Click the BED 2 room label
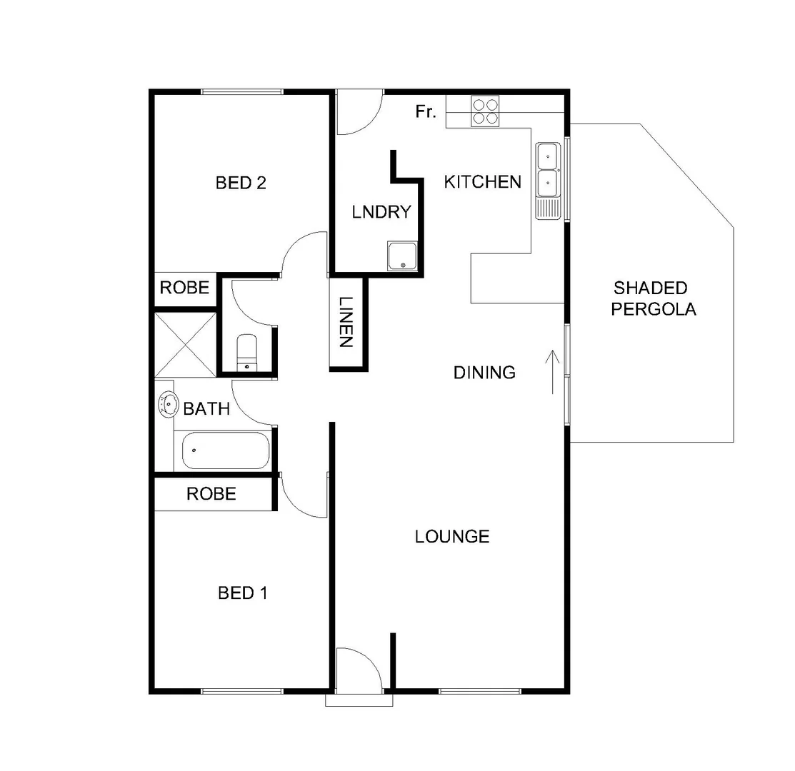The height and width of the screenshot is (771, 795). pyautogui.click(x=241, y=183)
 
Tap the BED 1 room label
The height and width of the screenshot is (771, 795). pyautogui.click(x=242, y=593)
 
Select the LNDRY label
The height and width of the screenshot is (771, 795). pyautogui.click(x=381, y=212)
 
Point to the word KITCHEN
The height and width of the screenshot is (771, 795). pyautogui.click(x=483, y=182)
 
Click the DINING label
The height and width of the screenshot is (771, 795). pyautogui.click(x=484, y=372)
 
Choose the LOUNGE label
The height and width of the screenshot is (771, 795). pyautogui.click(x=452, y=536)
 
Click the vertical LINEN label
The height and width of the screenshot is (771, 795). pyautogui.click(x=346, y=322)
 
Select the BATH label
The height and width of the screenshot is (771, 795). pyautogui.click(x=206, y=409)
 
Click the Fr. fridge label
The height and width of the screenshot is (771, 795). pyautogui.click(x=426, y=112)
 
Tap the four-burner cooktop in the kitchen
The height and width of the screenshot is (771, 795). pyautogui.click(x=485, y=113)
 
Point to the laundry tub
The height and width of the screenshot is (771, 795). pyautogui.click(x=403, y=256)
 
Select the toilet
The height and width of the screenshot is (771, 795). pyautogui.click(x=247, y=352)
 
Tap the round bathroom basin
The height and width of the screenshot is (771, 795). pyautogui.click(x=168, y=405)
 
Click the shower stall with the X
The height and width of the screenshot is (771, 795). pyautogui.click(x=185, y=343)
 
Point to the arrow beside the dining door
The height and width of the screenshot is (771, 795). pyautogui.click(x=552, y=371)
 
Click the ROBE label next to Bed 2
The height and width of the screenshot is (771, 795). pyautogui.click(x=184, y=288)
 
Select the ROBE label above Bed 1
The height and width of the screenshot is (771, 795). pyautogui.click(x=211, y=493)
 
